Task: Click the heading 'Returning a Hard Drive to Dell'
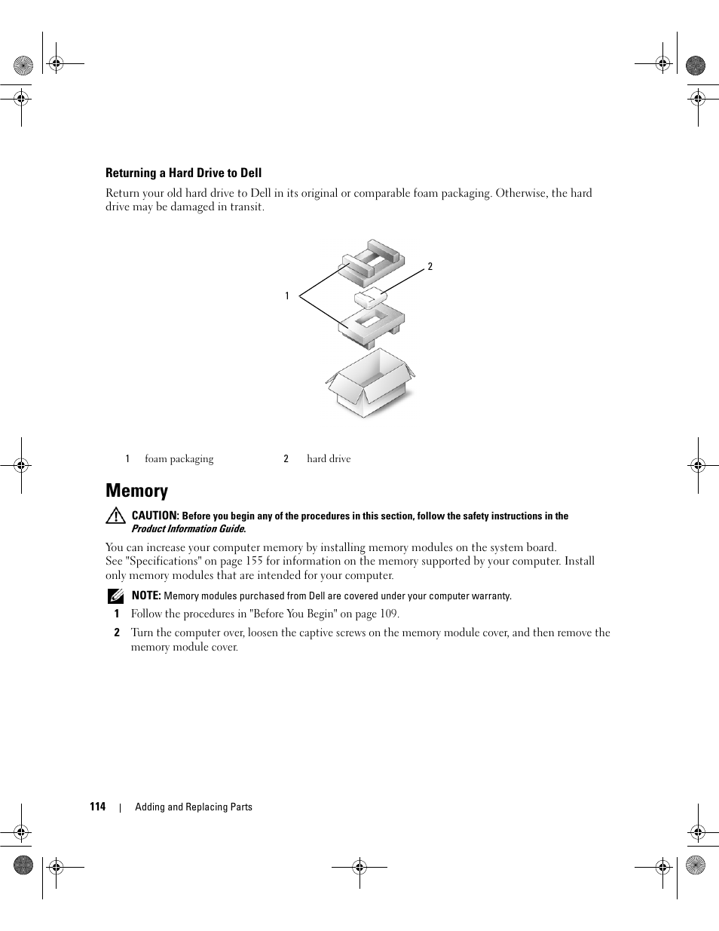pos(183,173)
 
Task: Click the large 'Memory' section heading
pos(136,491)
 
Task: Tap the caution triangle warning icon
pos(115,516)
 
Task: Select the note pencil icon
pos(115,596)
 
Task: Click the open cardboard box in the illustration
pos(370,385)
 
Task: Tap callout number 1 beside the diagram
pos(287,296)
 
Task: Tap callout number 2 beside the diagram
pos(430,266)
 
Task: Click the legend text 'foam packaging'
pos(179,459)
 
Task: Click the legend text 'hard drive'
pos(329,459)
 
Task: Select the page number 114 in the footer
pos(97,807)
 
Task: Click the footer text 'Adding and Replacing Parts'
pos(194,807)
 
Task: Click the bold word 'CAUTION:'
pos(155,516)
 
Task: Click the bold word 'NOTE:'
pos(146,596)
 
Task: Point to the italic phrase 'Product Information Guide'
pos(188,529)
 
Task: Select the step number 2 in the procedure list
pos(117,633)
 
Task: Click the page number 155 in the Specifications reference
pos(254,561)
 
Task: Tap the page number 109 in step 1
pos(388,614)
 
